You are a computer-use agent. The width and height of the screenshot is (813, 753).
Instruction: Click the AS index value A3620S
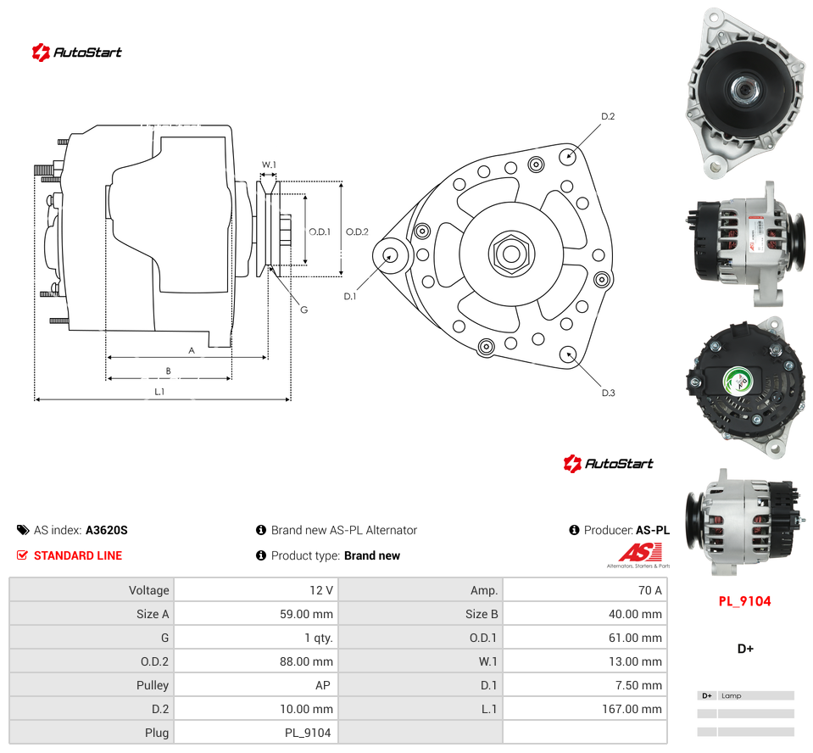coord(106,530)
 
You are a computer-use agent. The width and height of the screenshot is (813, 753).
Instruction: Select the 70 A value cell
coord(585,590)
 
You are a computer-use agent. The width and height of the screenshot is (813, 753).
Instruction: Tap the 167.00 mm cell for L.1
coord(585,709)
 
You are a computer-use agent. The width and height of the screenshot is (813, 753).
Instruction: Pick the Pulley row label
coord(153,685)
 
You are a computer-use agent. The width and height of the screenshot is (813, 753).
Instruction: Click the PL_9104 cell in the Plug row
coord(256,733)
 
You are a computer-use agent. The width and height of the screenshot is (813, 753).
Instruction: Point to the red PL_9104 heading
coord(744,601)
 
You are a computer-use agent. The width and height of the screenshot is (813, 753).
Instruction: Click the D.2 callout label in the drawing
coord(608,117)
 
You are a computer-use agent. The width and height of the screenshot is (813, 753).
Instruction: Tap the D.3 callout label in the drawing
coord(608,393)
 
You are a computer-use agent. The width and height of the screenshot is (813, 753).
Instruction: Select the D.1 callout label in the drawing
coord(350,297)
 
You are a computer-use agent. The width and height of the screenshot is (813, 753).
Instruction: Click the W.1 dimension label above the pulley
coord(269,165)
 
